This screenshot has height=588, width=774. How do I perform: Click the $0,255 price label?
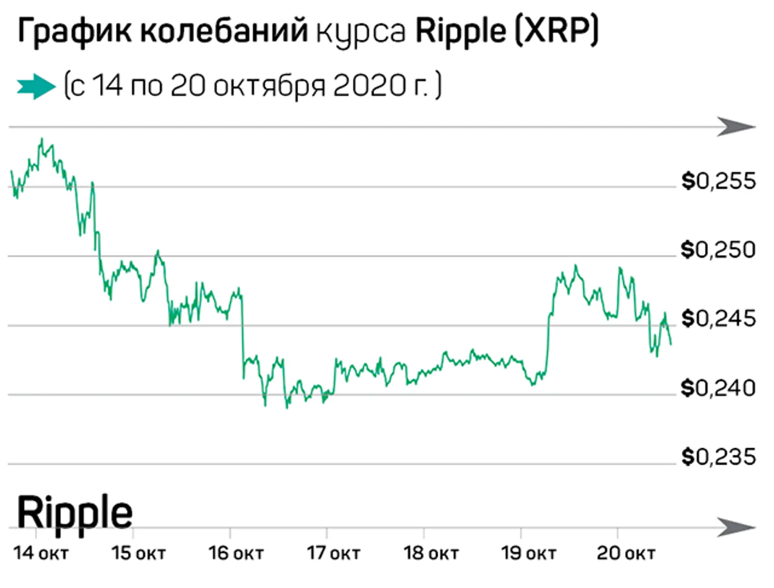pos(718,181)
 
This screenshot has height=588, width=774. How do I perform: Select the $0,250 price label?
pos(718,250)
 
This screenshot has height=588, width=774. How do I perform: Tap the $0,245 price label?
pos(718,319)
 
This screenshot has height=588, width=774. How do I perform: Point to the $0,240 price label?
pos(718,388)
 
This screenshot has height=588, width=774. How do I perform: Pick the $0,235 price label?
pos(718,457)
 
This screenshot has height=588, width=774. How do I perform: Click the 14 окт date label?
pos(41,553)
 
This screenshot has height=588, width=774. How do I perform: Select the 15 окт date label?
pos(138,553)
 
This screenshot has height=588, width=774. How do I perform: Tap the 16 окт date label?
pos(236,553)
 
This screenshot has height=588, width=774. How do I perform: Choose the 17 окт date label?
pos(333,553)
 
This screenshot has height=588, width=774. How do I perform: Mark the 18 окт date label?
pos(431,553)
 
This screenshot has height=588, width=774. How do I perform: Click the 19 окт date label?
pos(528,553)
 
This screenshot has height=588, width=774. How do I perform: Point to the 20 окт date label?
pos(626,553)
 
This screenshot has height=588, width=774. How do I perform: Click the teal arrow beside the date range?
pos(36,86)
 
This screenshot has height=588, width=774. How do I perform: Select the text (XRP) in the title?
pos(556,32)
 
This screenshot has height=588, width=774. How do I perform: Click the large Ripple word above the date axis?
pos(75,513)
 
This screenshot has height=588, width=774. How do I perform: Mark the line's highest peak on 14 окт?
pos(42,139)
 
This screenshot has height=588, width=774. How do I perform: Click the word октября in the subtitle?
pos(269,87)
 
